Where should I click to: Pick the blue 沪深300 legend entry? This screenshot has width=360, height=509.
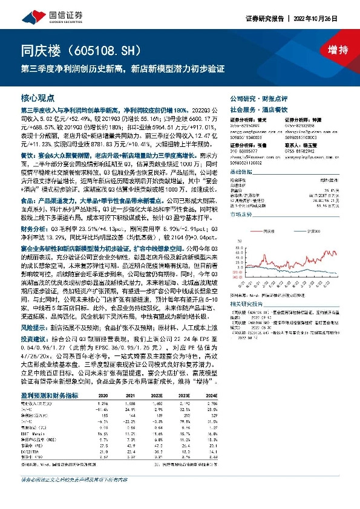(x=312, y=230)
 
